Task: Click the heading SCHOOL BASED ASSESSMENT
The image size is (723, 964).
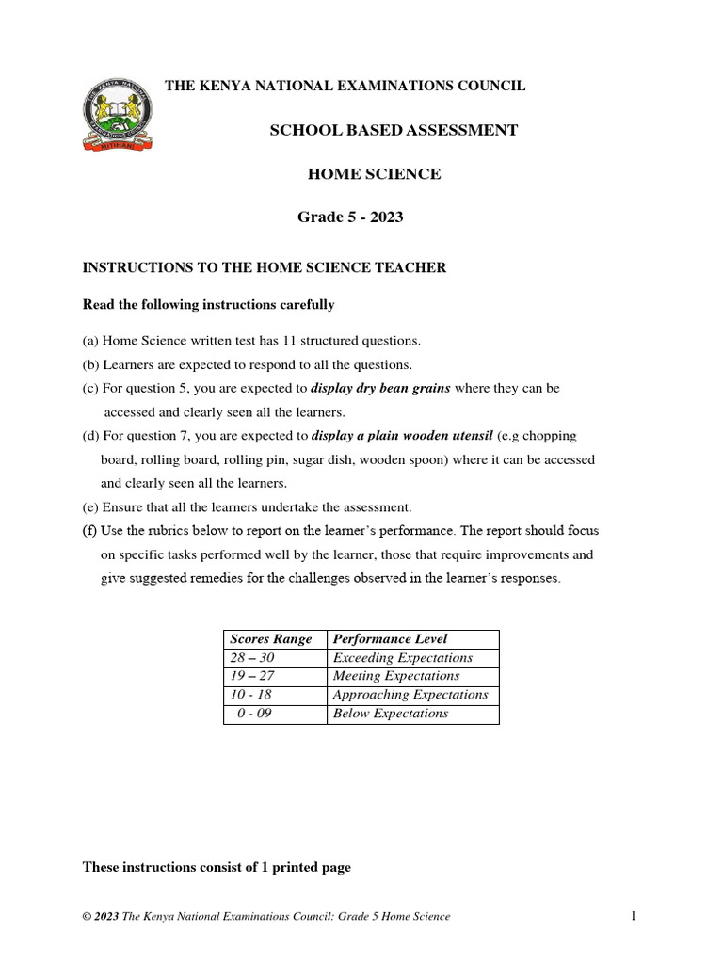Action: (x=394, y=130)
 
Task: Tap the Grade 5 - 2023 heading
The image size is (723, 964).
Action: (x=350, y=217)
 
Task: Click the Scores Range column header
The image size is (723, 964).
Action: (x=271, y=639)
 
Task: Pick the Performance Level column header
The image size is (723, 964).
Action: (x=391, y=639)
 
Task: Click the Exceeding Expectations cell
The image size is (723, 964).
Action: (x=403, y=658)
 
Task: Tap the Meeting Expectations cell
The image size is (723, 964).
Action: (x=396, y=676)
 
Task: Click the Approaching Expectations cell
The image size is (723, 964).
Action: (x=410, y=695)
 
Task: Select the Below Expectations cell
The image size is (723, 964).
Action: (x=391, y=714)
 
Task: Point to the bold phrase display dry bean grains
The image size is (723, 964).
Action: (x=380, y=388)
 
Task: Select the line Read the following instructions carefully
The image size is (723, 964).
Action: (x=209, y=305)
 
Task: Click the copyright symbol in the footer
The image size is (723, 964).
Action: (x=88, y=917)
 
